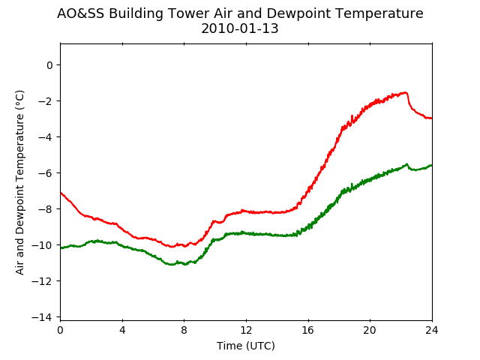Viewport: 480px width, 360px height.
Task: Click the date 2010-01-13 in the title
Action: (x=240, y=28)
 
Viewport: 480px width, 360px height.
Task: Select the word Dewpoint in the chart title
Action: (x=295, y=14)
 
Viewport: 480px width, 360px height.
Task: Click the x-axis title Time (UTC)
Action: (x=246, y=346)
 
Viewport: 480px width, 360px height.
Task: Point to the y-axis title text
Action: (x=19, y=182)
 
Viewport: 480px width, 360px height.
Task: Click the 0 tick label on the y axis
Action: (x=49, y=65)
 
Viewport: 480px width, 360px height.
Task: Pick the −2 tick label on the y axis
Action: (x=45, y=101)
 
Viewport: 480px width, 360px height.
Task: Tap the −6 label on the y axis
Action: (x=45, y=173)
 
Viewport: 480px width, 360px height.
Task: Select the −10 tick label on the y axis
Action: (x=42, y=245)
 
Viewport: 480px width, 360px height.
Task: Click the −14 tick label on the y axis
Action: (x=42, y=316)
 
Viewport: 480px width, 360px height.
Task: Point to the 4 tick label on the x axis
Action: (x=122, y=330)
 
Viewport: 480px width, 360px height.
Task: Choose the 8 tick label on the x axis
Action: (x=184, y=330)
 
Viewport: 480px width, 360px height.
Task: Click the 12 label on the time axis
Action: (x=246, y=330)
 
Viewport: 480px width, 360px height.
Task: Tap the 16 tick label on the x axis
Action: (x=308, y=330)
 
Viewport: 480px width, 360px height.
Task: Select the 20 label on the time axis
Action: (x=370, y=330)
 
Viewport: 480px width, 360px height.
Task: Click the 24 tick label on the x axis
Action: (x=432, y=330)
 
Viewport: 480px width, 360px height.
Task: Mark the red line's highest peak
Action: (x=405, y=92)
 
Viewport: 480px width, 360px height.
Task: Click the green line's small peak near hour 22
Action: (x=406, y=164)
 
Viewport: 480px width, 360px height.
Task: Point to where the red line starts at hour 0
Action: (x=61, y=193)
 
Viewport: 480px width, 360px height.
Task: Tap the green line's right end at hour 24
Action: (x=432, y=165)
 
